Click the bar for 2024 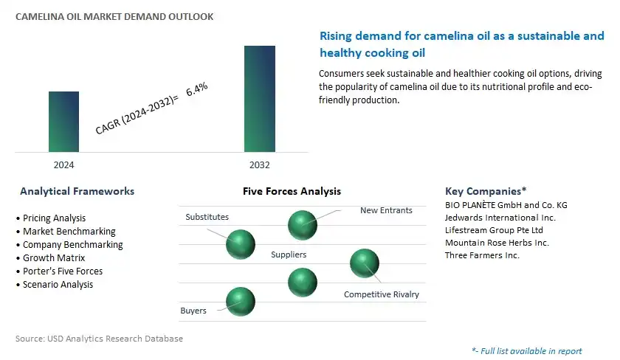pos(63,122)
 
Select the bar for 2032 pos(260,99)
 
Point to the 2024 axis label pos(63,165)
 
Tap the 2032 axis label pos(259,165)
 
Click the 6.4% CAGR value pos(197,89)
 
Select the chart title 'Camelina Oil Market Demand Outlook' pos(114,16)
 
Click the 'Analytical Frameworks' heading pos(77,191)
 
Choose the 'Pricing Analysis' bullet pos(51,218)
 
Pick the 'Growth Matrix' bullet pos(51,258)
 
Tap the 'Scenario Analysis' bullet pos(55,285)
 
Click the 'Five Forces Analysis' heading pos(292,191)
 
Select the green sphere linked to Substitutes pos(241,244)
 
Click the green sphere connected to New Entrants pos(303,225)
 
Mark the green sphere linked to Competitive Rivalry pos(365,263)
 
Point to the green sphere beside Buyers pos(241,302)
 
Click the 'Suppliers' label pos(289,255)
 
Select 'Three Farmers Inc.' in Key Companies pos(482,255)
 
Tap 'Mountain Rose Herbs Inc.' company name pos(497,243)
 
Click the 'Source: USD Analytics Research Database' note pos(99,339)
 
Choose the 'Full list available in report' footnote pos(527,351)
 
